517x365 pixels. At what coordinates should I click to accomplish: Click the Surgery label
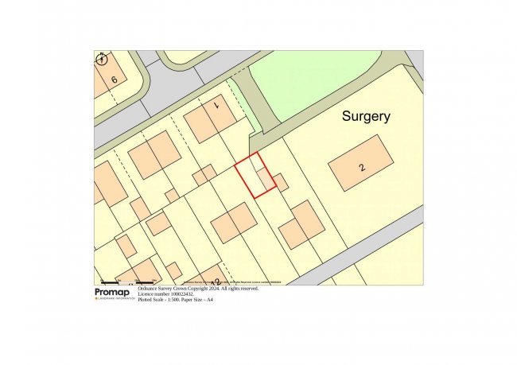[366, 116]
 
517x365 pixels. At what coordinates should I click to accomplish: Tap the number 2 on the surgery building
[362, 167]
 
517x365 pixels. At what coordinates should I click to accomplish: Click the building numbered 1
[210, 118]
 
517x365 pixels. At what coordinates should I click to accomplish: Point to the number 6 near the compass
[115, 80]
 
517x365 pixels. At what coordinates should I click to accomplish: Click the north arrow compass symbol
[101, 59]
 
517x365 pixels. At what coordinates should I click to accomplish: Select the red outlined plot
[255, 176]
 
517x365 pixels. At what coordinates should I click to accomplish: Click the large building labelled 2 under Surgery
[361, 163]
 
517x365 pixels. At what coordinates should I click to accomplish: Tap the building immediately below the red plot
[234, 222]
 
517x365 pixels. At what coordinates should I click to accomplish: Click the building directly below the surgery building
[302, 224]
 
